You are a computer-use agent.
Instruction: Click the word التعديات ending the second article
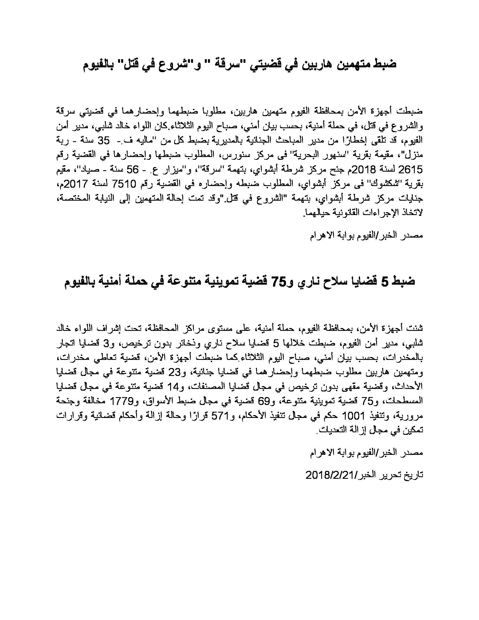[x=332, y=431]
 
